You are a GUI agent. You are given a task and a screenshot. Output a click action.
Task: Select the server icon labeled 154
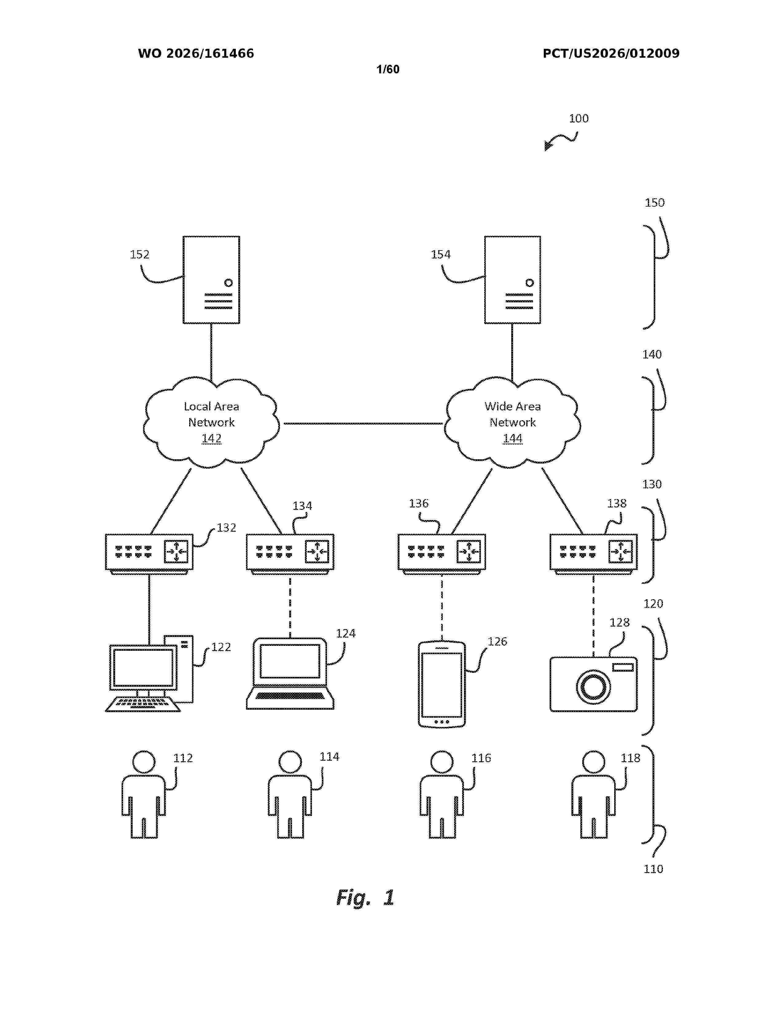pos(512,280)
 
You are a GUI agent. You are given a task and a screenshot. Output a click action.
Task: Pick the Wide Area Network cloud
pos(512,422)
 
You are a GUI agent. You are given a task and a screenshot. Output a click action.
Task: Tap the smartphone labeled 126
pos(442,685)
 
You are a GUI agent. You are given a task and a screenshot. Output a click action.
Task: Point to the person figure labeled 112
pos(144,794)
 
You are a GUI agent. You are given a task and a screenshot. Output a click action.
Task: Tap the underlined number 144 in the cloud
pos(512,438)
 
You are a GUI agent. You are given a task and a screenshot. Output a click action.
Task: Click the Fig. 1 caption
pos(365,898)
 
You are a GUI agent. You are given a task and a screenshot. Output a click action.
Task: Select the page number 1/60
pos(388,70)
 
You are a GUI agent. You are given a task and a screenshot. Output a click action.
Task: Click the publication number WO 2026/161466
pos(196,54)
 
